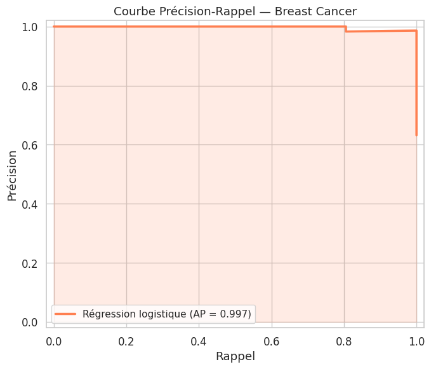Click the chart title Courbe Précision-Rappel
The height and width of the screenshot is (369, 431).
click(x=191, y=11)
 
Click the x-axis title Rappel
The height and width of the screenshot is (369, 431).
click(x=235, y=356)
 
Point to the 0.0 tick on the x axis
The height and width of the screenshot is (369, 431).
click(x=55, y=340)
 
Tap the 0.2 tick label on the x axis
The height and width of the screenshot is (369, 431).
click(x=127, y=340)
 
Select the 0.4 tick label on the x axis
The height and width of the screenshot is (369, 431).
click(x=199, y=340)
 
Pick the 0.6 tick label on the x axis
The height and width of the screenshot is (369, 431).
click(x=272, y=340)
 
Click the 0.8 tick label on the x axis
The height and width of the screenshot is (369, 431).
click(x=344, y=340)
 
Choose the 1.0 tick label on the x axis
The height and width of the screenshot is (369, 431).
click(x=416, y=340)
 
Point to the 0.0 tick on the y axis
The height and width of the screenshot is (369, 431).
click(x=30, y=322)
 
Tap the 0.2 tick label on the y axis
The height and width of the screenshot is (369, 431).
click(x=30, y=263)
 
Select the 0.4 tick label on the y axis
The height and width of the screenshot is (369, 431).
click(x=30, y=204)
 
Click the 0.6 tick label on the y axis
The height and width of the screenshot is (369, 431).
click(x=30, y=145)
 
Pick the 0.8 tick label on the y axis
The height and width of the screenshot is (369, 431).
click(x=30, y=86)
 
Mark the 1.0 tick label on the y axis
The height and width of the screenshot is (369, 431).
click(x=30, y=27)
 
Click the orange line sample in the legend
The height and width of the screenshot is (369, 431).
click(x=66, y=314)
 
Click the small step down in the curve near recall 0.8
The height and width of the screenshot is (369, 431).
click(x=346, y=29)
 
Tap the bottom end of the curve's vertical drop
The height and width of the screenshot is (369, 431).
click(x=416, y=135)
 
